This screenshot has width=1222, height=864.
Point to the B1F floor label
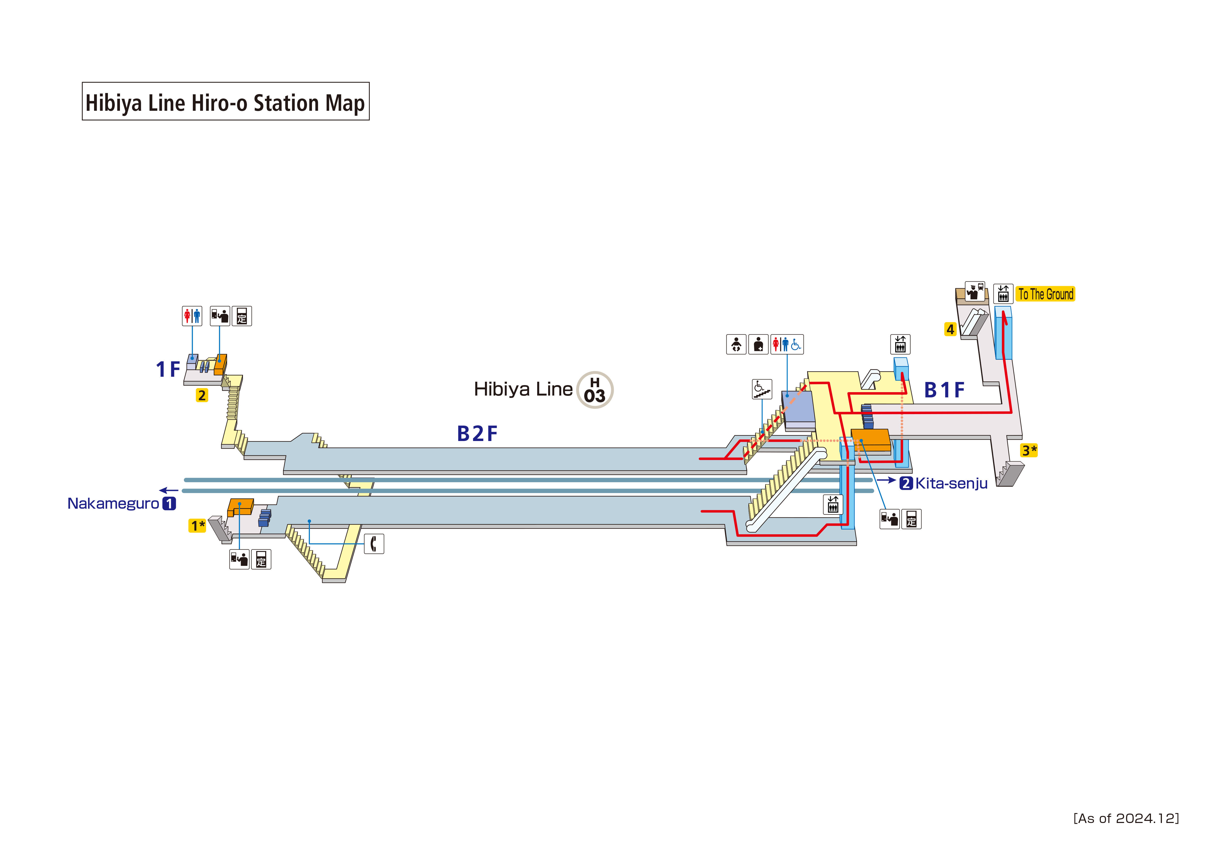pos(944,390)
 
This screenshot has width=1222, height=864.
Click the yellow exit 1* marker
pos(198,526)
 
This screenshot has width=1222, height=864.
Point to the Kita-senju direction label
pos(951,483)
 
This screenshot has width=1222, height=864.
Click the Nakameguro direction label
pos(113,504)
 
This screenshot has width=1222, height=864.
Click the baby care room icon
pos(736,344)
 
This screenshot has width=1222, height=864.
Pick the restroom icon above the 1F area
pos(192,316)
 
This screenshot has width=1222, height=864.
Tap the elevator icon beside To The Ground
pos(1003,294)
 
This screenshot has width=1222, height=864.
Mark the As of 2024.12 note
pos(1126,818)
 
